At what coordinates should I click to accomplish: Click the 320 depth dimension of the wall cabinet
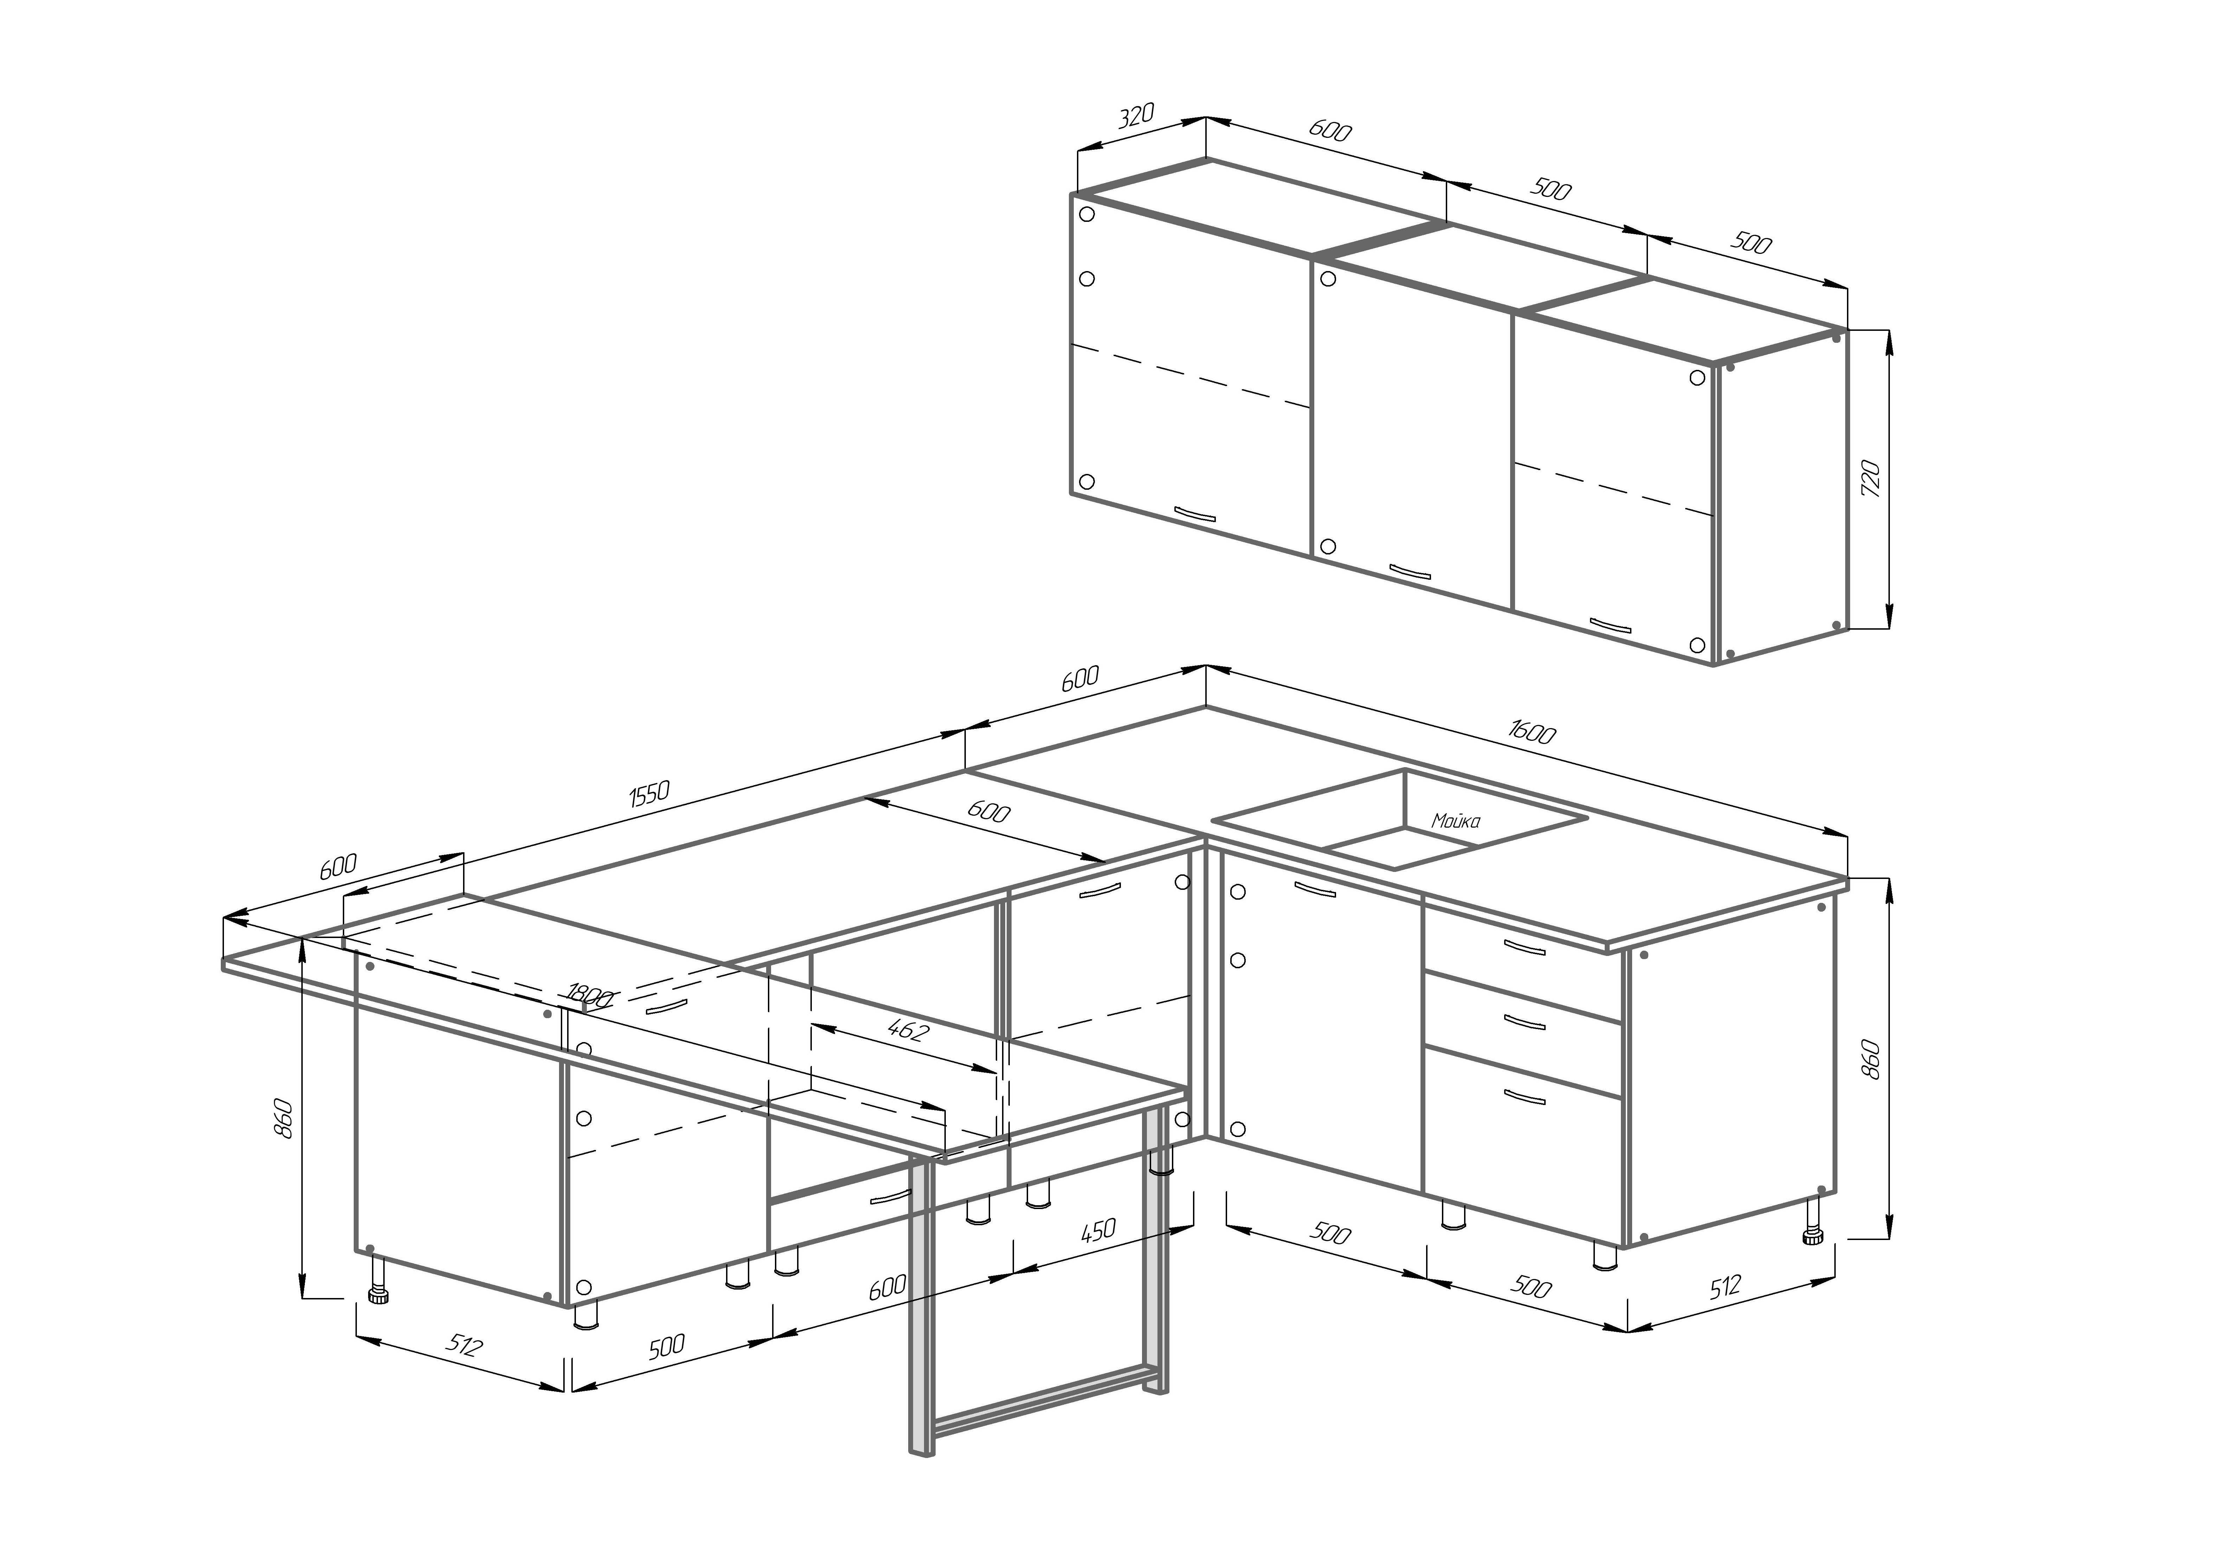click(x=1135, y=117)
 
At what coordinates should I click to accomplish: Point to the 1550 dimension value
click(x=648, y=794)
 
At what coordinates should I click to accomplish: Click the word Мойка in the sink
click(x=1455, y=821)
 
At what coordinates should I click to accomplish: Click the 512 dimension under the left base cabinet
click(x=465, y=1345)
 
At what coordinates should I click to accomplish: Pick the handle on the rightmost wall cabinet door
click(x=1610, y=625)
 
